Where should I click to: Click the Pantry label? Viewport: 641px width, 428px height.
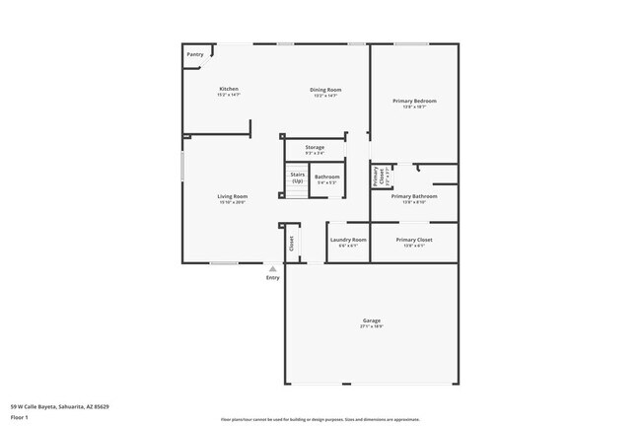195,54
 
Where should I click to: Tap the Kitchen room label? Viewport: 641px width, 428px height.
229,90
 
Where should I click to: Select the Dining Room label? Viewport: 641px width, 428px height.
326,90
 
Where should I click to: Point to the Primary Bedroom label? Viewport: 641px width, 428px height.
413,101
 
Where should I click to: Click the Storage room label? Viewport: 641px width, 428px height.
315,147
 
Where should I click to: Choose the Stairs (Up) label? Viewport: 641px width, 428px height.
297,178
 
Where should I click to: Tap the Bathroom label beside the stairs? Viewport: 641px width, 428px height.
326,178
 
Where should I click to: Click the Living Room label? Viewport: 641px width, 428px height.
233,196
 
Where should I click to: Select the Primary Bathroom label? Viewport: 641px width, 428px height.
413,196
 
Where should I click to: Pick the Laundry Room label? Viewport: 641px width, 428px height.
348,240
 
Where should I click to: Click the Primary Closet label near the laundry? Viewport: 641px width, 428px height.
413,240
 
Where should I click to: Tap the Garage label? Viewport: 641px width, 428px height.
372,321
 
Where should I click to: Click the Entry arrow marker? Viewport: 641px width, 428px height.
273,267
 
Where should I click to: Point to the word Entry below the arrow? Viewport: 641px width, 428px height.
273,277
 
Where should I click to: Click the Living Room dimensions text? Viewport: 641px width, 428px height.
233,202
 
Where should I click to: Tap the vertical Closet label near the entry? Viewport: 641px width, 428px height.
292,243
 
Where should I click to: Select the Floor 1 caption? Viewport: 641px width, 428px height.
20,417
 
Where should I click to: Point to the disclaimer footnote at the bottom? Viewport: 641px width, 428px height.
320,418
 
